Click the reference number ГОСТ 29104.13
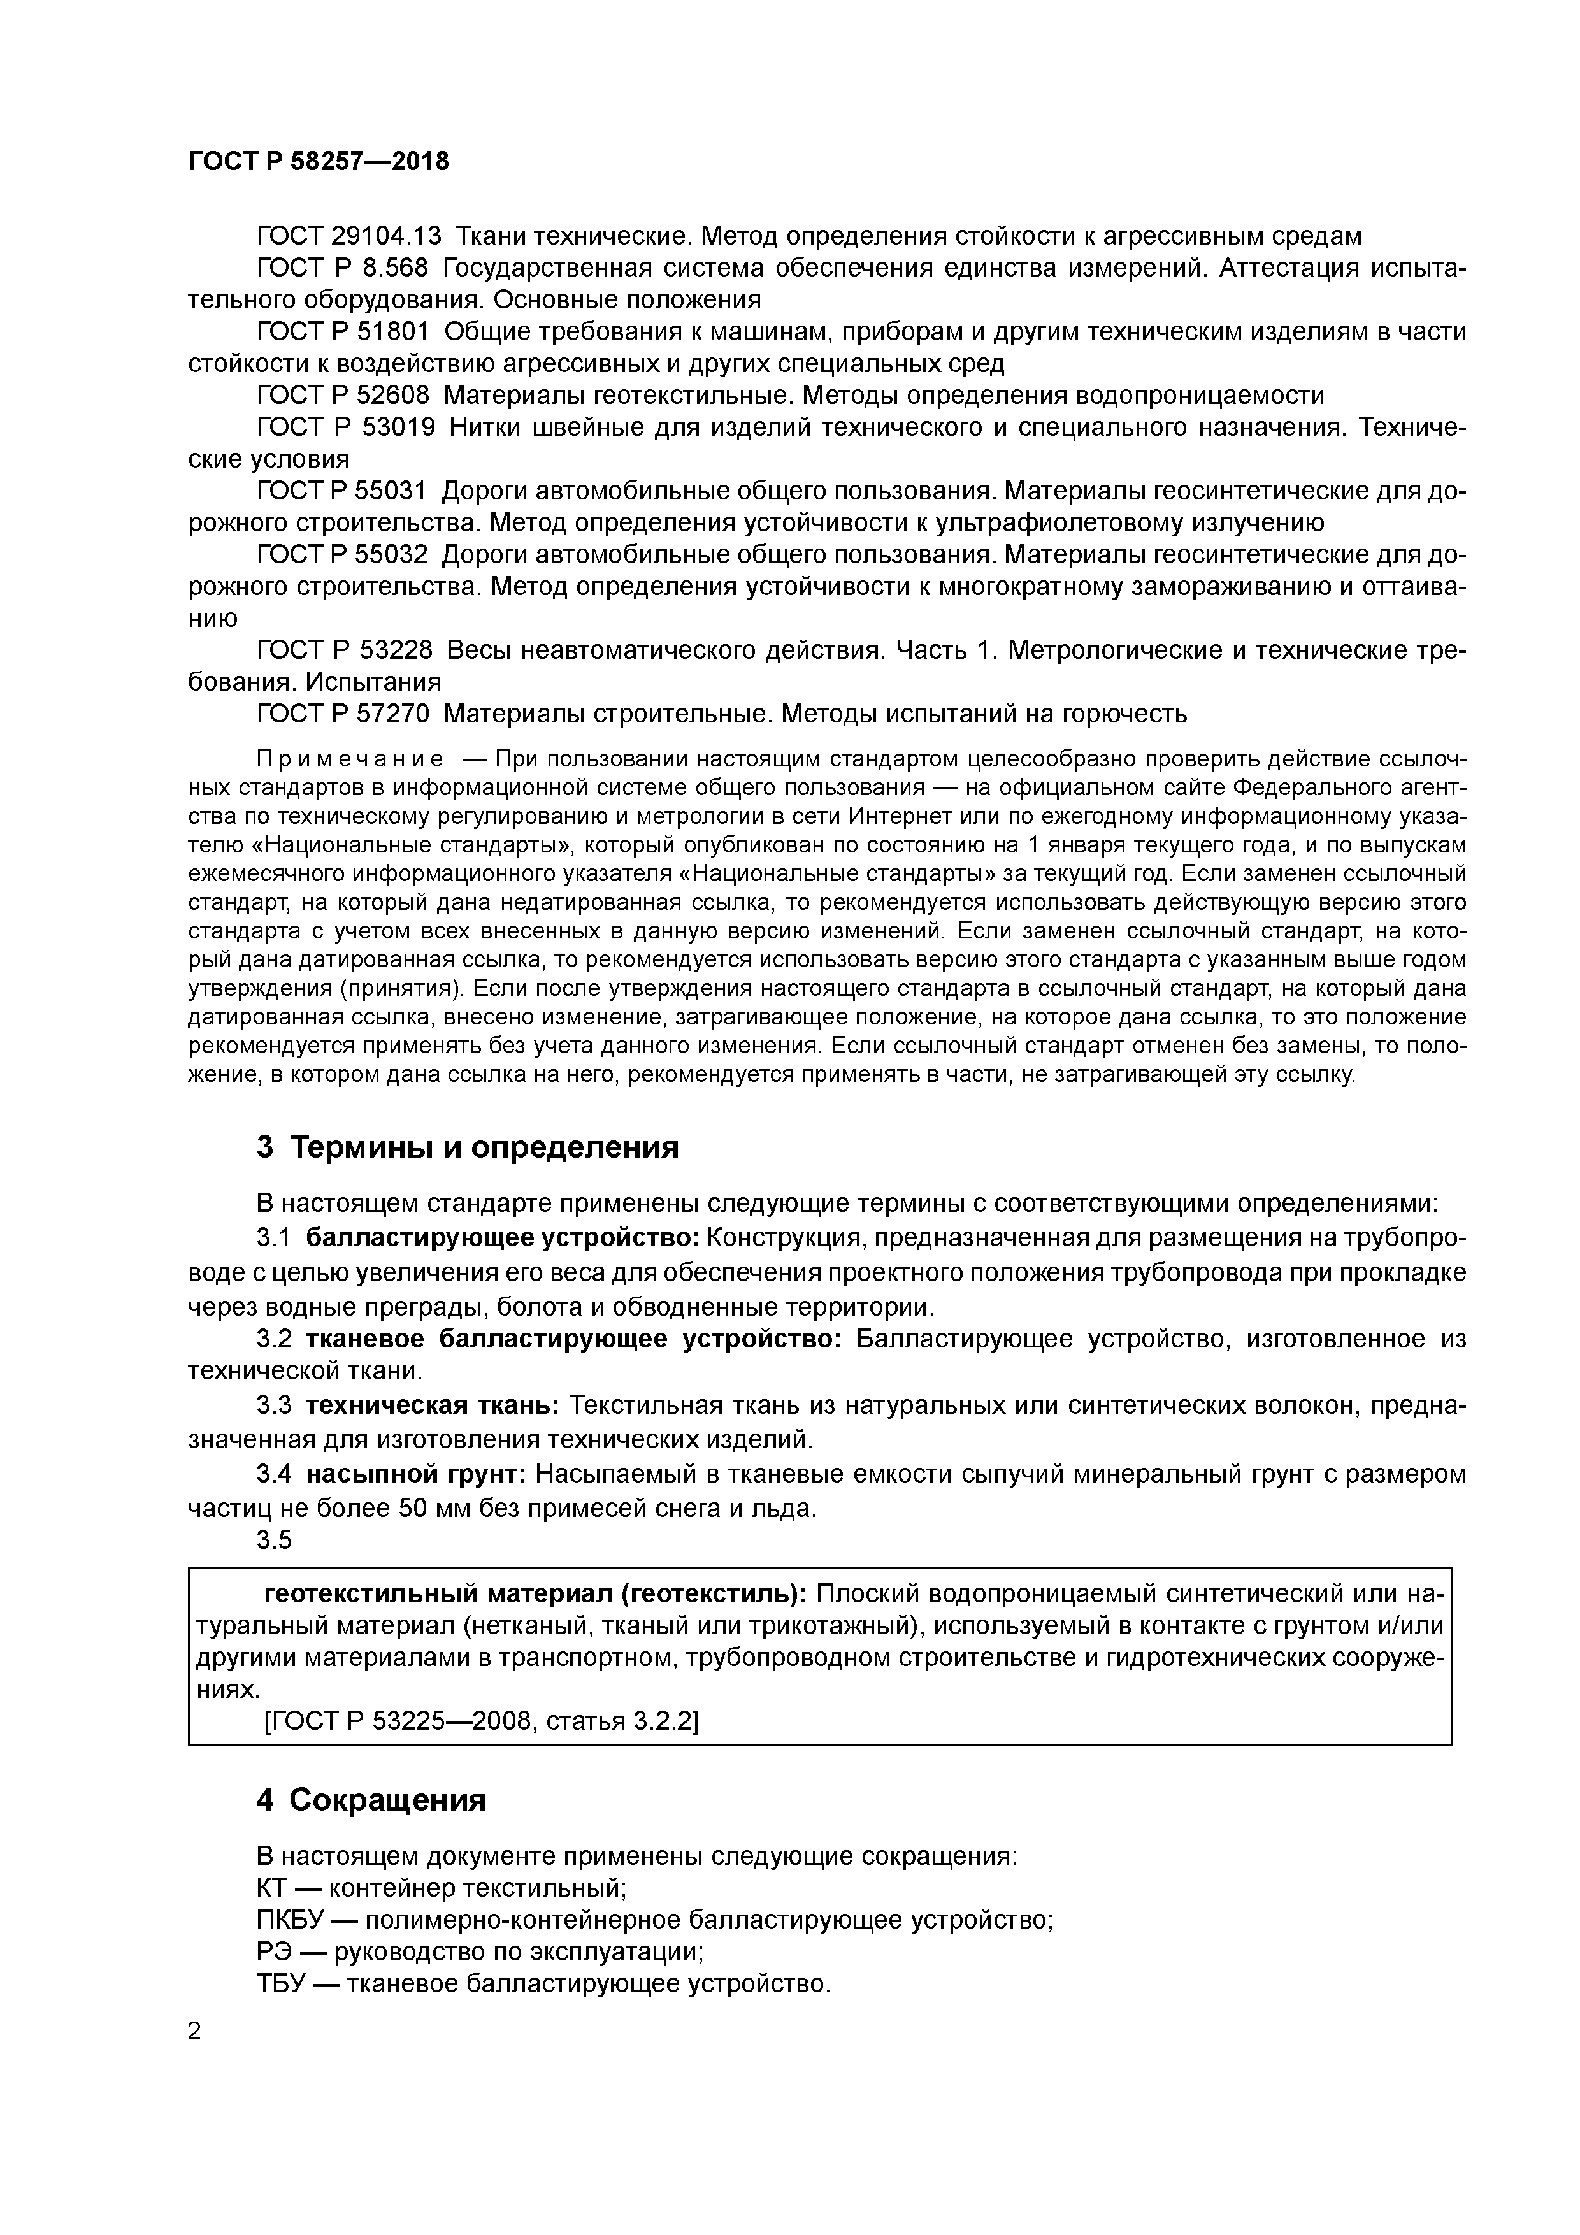click(x=348, y=236)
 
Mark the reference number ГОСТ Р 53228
click(x=343, y=649)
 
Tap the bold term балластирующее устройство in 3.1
click(x=502, y=1238)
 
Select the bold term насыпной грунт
click(x=415, y=1474)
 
